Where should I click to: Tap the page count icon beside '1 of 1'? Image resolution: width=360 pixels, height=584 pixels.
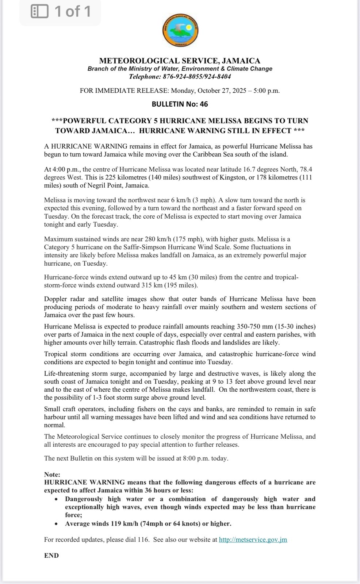click(40, 12)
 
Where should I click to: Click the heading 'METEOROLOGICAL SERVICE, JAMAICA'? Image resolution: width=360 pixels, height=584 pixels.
click(180, 61)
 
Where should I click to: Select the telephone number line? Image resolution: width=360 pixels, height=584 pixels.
click(180, 77)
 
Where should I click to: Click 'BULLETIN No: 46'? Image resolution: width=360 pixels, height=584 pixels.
click(180, 104)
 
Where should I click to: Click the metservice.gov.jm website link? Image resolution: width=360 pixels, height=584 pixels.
click(253, 539)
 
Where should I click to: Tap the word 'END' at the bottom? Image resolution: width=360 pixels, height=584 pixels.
click(51, 556)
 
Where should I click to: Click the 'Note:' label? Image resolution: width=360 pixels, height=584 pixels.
click(52, 474)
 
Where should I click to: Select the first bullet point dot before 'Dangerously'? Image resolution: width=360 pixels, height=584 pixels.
click(56, 499)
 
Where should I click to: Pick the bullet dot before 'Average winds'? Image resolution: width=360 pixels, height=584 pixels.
click(56, 524)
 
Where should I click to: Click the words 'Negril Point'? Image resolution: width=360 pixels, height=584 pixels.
click(103, 185)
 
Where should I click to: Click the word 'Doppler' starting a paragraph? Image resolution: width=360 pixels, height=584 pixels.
click(55, 299)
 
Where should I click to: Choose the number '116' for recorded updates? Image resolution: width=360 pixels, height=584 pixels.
click(143, 539)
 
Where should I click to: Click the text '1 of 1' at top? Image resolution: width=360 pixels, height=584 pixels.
click(73, 12)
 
